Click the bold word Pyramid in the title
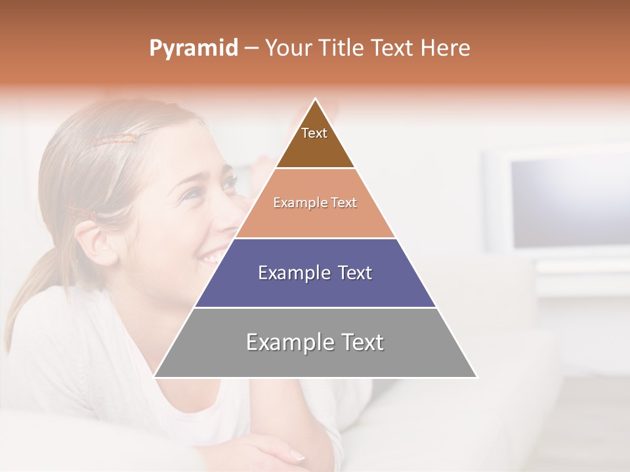pyautogui.click(x=194, y=49)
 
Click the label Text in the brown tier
pyautogui.click(x=314, y=133)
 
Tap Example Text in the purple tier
pyautogui.click(x=315, y=273)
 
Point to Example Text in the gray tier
pyautogui.click(x=315, y=342)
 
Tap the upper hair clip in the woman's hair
pyautogui.click(x=115, y=138)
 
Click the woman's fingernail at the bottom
pyautogui.click(x=297, y=455)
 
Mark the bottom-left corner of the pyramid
pyautogui.click(x=155, y=376)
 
